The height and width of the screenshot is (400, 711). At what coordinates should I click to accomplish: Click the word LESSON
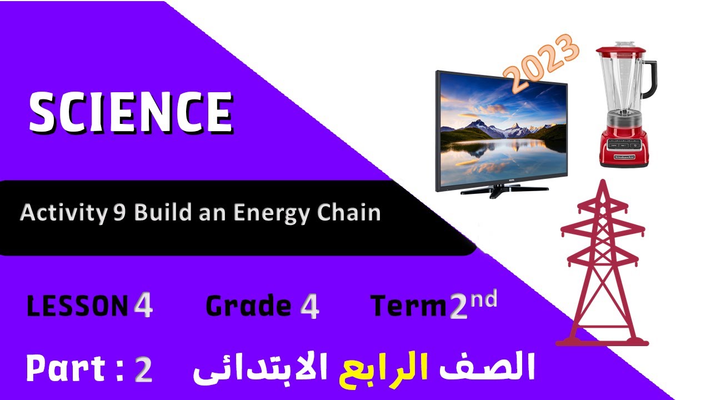[77, 306]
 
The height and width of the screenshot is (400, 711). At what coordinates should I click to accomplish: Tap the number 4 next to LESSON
[143, 306]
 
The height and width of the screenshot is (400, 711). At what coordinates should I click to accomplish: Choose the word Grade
[248, 306]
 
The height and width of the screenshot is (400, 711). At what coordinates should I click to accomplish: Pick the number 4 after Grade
[309, 306]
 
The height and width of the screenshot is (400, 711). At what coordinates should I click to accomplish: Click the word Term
[409, 306]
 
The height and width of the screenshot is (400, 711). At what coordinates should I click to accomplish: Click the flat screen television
[502, 131]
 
